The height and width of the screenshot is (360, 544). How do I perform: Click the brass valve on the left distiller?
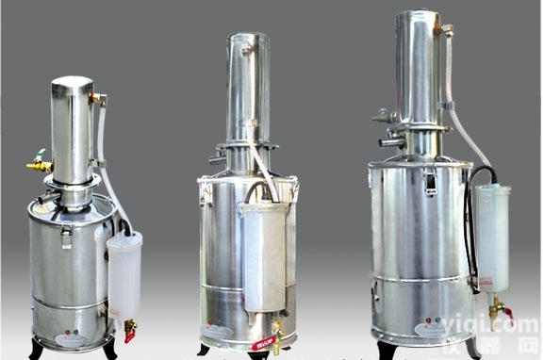[x=38, y=166]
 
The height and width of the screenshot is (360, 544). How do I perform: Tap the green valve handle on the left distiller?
[x=41, y=154]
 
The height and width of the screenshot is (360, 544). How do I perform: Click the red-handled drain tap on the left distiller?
[x=129, y=328]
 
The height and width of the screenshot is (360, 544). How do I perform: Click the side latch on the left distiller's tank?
[x=67, y=236]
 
